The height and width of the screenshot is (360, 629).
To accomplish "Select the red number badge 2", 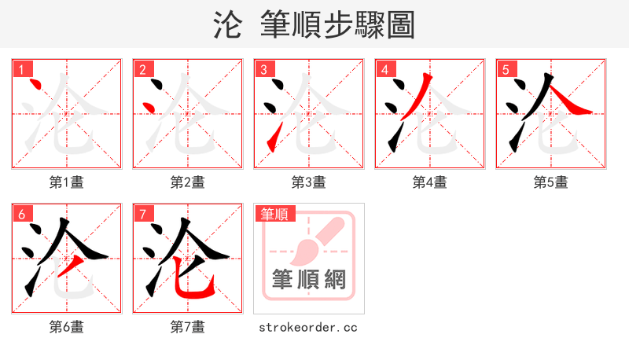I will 142,69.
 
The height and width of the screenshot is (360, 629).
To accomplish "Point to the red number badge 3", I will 263,69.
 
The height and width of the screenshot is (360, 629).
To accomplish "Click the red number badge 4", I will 384,69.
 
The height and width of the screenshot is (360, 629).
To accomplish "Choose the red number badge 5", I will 506,69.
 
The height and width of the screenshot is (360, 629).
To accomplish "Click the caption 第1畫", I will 67,182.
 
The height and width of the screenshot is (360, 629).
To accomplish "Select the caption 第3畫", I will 309,182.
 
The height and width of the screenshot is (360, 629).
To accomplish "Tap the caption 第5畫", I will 551,182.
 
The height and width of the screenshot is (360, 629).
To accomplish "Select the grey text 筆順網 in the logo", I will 309,279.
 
